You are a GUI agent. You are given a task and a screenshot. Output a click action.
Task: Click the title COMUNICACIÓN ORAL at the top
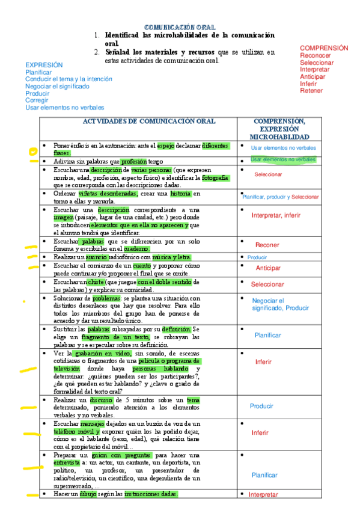[181, 28]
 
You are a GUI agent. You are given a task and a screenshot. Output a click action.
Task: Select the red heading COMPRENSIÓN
[323, 48]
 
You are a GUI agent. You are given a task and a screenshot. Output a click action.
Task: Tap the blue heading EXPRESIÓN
[44, 64]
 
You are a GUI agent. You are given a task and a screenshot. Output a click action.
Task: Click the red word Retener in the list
[311, 91]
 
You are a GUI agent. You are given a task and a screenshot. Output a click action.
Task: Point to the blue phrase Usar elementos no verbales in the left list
[64, 108]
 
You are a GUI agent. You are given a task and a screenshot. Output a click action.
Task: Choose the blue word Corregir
[37, 100]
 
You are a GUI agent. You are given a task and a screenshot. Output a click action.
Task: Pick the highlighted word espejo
[165, 146]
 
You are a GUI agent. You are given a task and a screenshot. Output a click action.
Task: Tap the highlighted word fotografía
[215, 178]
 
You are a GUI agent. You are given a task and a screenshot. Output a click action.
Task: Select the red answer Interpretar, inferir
[276, 215]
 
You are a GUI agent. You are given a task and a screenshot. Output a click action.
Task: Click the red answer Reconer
[267, 245]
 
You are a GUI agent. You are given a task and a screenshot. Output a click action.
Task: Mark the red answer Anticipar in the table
[268, 268]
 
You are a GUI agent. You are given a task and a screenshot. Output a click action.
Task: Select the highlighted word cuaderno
[136, 249]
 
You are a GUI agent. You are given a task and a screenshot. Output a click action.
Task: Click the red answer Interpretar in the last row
[263, 494]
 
